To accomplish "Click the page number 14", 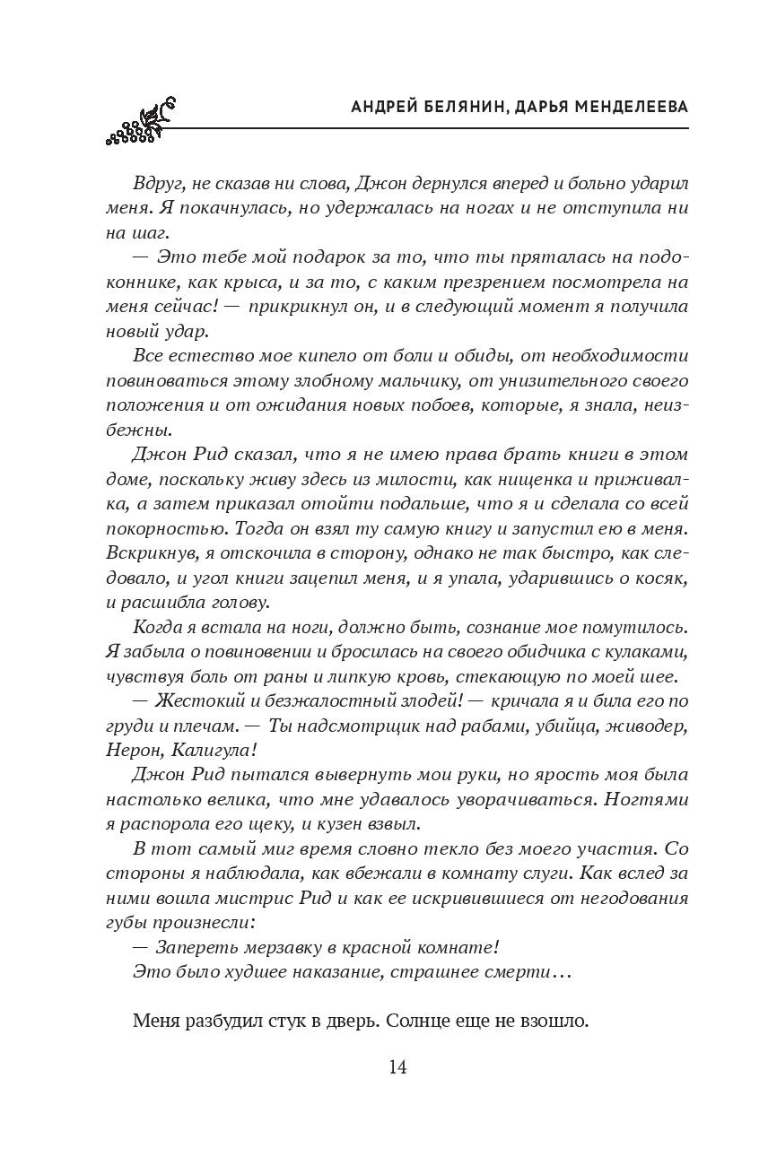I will (398, 1066).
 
